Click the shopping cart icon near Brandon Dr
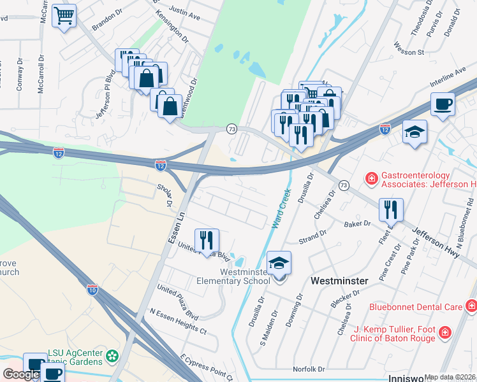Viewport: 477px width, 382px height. click(64, 16)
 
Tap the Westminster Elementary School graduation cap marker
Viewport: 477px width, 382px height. click(279, 263)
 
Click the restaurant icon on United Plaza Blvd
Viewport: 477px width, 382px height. click(207, 240)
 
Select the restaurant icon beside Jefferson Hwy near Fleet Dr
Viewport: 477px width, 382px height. click(391, 209)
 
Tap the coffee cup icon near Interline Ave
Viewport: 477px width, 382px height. click(443, 104)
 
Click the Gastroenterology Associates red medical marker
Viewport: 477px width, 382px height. click(371, 180)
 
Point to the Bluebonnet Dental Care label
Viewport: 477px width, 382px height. click(416, 307)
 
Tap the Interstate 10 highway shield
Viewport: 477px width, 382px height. click(92, 290)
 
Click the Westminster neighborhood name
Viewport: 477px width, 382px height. click(339, 281)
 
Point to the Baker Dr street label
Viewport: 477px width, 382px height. click(357, 224)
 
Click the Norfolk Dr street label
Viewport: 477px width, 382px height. click(309, 369)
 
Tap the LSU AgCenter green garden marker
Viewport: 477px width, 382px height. click(113, 354)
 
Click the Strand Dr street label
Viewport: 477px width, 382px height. click(312, 237)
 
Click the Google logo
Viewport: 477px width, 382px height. click(21, 374)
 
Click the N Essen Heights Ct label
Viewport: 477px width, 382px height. click(178, 322)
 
